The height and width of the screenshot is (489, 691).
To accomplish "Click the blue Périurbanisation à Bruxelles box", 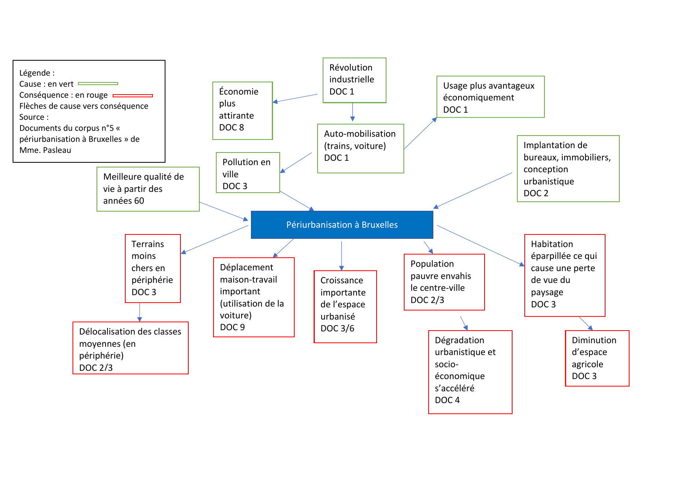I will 342,225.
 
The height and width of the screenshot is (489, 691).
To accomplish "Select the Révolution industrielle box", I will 354,80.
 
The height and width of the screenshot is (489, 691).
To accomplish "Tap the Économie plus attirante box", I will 242,110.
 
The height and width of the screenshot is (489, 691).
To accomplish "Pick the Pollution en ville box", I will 248,173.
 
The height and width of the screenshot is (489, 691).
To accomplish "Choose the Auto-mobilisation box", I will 360,148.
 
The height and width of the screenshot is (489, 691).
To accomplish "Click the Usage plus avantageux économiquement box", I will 490,97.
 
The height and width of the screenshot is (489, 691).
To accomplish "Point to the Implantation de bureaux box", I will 568,169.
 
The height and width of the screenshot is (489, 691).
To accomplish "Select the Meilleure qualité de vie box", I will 148,189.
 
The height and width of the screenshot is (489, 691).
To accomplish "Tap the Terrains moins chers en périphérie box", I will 152,268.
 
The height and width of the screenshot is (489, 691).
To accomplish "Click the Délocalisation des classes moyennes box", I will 130,348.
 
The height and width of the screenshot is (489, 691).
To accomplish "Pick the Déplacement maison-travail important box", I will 254,297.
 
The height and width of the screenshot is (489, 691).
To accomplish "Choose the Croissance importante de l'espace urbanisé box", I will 345,307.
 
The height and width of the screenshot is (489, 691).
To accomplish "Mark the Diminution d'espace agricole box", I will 597,358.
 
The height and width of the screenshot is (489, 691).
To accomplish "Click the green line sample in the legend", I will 98,84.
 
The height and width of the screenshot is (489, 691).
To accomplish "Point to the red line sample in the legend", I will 132,95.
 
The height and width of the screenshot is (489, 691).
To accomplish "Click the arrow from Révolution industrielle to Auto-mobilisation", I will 353,112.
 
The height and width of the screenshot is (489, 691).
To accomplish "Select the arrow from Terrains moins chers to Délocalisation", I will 139,312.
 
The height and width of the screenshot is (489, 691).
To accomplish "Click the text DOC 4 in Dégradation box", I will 447,400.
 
